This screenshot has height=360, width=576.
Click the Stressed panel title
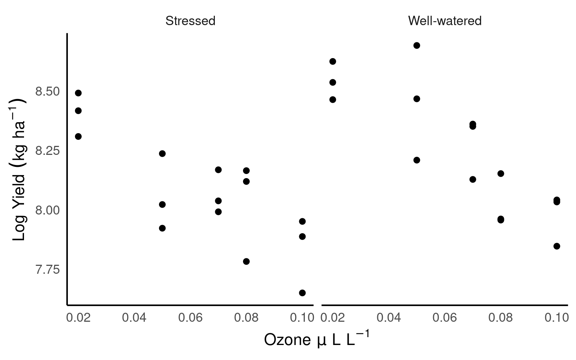click(x=190, y=21)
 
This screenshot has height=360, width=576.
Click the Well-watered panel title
click(x=444, y=21)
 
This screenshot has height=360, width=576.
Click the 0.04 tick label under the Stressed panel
click(x=134, y=318)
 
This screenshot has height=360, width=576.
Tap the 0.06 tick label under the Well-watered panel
click(x=444, y=318)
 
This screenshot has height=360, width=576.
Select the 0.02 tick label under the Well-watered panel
click(x=333, y=318)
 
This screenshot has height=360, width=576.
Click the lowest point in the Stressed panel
click(x=302, y=293)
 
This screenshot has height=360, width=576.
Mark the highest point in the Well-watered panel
click(x=417, y=45)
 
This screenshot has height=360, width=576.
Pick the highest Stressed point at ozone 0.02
click(x=78, y=93)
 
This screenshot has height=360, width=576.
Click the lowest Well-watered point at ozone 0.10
click(x=557, y=246)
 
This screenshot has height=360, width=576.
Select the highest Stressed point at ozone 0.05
click(x=162, y=153)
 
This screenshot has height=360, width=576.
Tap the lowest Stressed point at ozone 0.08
click(x=246, y=261)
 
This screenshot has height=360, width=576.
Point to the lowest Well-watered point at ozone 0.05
click(x=417, y=160)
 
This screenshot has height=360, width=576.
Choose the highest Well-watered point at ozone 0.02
click(x=333, y=61)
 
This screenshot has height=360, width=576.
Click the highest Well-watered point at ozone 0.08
click(x=501, y=174)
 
